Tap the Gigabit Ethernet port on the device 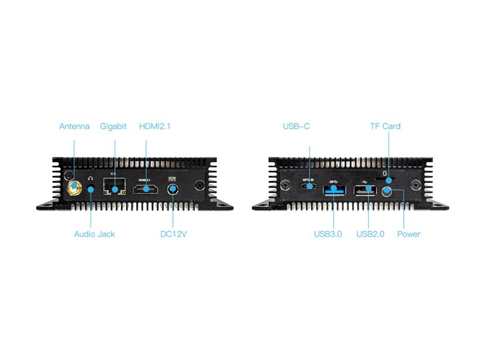point(113,187)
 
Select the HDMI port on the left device point(145,189)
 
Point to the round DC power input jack point(173,190)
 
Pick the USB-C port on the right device point(309,186)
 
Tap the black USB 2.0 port point(365,190)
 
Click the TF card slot point(388,179)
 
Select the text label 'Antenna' point(74,126)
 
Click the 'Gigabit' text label point(113,126)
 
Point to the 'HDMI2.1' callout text point(155,126)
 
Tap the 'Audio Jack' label point(94,234)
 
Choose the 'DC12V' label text point(173,234)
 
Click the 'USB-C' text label point(296,126)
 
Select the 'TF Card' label point(385,126)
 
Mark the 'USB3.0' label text point(328,234)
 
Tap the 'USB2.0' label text point(370,234)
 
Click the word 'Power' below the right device point(409,234)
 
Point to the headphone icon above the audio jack point(91,178)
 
